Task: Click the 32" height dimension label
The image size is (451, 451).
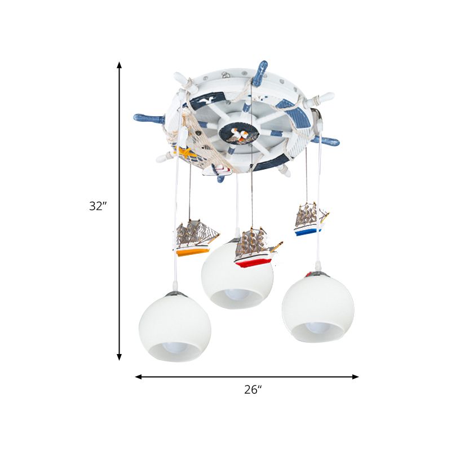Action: (x=98, y=206)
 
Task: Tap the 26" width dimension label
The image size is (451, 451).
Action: (x=253, y=389)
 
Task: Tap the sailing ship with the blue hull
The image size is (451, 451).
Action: (x=311, y=219)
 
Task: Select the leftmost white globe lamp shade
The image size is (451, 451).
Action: (x=175, y=327)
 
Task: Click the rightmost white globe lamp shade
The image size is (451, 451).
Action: (x=318, y=307)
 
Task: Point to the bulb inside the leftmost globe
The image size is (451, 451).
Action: (x=178, y=353)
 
